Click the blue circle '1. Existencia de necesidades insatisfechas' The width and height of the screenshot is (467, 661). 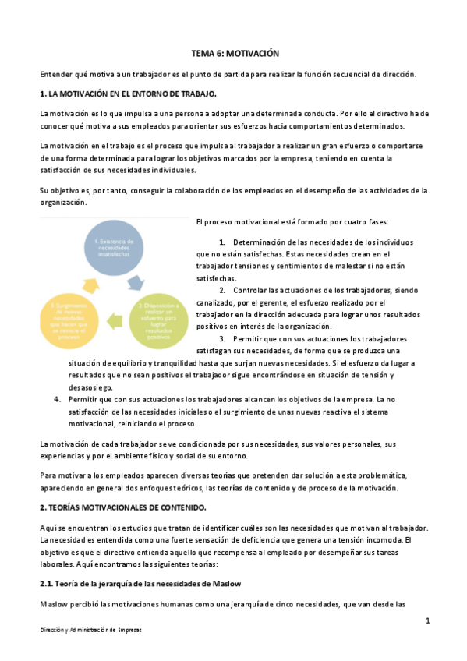(x=115, y=247)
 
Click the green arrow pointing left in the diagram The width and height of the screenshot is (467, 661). (x=115, y=318)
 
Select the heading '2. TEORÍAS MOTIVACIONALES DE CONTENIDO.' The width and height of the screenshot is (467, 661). (x=122, y=507)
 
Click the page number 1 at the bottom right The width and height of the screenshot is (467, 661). (x=428, y=620)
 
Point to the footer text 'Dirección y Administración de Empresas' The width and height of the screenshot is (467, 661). (x=91, y=631)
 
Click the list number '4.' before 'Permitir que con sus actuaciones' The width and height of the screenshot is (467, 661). (x=58, y=399)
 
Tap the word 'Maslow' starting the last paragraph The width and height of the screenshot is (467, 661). (x=54, y=604)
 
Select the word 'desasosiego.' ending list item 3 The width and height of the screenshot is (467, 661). (x=91, y=387)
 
